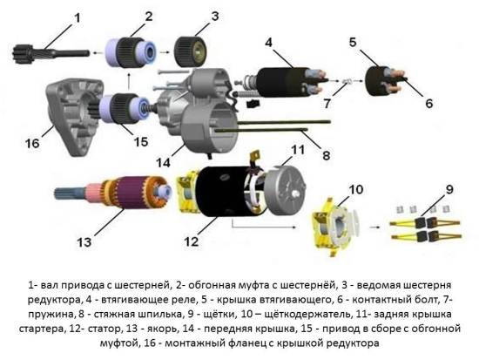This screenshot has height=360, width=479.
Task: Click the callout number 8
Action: [x=326, y=156]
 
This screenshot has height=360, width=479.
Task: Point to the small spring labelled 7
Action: [x=347, y=85]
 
